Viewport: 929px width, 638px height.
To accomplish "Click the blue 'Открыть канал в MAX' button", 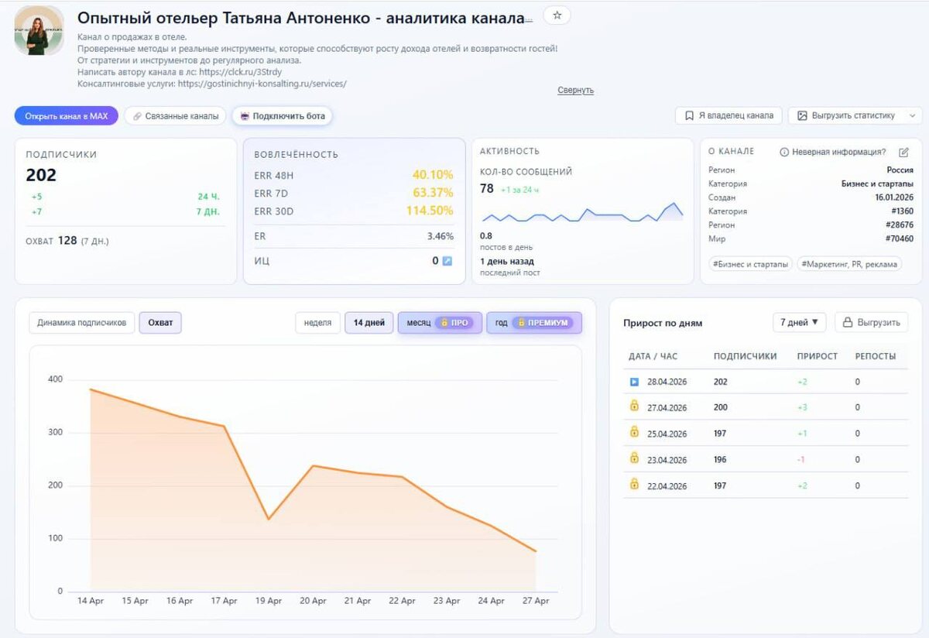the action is coord(67,115).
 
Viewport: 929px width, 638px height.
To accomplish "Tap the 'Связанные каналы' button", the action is coord(176,115).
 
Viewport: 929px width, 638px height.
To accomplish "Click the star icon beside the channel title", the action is coord(557,15).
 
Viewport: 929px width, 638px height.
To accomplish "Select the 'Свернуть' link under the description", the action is coord(575,90).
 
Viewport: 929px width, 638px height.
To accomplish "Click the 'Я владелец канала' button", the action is coord(728,115).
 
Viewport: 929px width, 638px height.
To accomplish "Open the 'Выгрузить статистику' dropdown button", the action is coord(855,115).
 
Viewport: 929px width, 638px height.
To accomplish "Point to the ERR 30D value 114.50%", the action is coord(429,211).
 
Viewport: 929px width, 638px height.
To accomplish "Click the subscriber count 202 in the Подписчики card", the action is coord(40,175).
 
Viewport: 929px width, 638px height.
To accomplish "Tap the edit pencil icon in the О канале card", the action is coord(903,153).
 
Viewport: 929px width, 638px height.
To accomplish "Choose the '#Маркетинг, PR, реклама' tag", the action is coord(849,264).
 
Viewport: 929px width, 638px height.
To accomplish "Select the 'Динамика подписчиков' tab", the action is coord(82,322).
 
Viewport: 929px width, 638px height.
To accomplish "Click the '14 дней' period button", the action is coord(369,322).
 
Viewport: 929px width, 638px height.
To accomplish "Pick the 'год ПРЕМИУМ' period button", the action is coord(534,322).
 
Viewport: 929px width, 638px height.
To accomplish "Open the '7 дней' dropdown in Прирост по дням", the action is coord(799,322).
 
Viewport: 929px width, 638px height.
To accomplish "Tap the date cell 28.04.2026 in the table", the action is coord(667,382).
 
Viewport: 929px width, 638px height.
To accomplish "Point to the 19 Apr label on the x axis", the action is coord(269,600).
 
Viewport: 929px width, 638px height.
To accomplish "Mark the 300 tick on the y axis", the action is coord(55,432).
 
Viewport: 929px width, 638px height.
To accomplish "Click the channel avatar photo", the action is coord(39,31).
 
